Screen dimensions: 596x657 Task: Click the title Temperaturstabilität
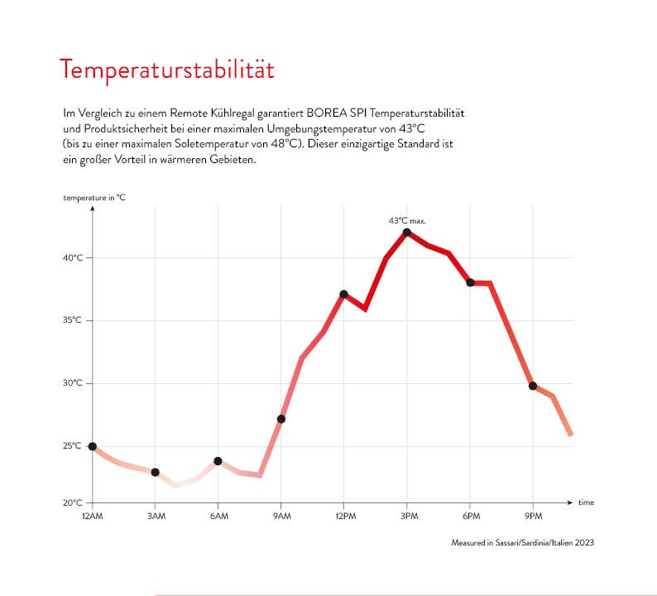(x=166, y=70)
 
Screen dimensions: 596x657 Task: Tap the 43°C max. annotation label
(x=407, y=221)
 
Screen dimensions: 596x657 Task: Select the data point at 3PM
(x=407, y=233)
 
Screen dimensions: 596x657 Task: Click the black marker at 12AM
(x=92, y=446)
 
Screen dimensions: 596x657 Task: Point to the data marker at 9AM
(x=281, y=419)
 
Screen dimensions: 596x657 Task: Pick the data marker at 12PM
(x=343, y=294)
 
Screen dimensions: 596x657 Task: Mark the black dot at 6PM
(x=470, y=282)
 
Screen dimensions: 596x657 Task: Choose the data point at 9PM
(x=533, y=386)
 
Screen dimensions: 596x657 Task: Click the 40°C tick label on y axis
(x=74, y=257)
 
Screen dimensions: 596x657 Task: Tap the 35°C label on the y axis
(x=74, y=320)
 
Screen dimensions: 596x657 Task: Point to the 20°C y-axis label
(x=74, y=502)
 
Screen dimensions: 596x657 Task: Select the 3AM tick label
(x=155, y=517)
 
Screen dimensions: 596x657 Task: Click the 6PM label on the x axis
(x=470, y=517)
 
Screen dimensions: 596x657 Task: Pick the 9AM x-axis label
(x=281, y=517)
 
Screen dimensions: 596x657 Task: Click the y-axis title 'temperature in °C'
(x=94, y=197)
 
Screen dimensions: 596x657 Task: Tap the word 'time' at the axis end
(x=586, y=502)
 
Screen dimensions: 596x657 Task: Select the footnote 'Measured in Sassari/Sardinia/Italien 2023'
(x=522, y=543)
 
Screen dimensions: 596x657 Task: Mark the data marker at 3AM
(x=155, y=472)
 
